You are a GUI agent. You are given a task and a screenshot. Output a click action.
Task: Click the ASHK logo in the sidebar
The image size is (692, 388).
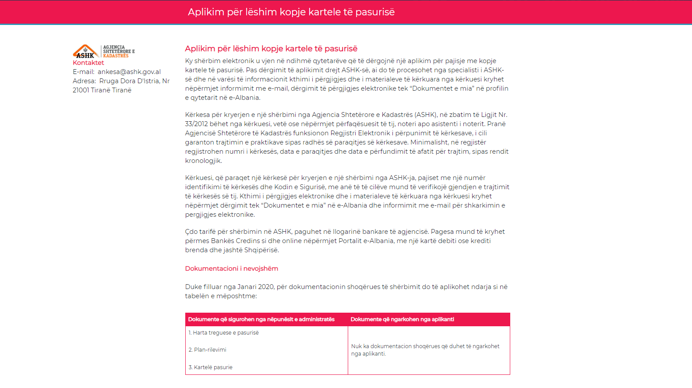103,51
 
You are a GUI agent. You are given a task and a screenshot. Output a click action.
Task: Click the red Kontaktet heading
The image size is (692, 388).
88,63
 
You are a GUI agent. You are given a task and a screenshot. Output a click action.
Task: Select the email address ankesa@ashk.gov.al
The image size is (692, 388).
129,72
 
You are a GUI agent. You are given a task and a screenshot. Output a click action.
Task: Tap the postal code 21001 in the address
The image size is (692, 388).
81,90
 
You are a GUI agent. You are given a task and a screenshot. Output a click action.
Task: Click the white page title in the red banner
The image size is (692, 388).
291,12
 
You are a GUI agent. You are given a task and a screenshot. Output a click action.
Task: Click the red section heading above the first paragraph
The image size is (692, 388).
271,49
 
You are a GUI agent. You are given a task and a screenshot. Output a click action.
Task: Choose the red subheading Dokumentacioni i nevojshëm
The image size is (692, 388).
231,268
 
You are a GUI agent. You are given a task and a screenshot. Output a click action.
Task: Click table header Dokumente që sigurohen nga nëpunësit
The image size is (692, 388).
261,319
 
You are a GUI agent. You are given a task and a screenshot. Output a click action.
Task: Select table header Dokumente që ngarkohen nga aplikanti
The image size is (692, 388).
402,319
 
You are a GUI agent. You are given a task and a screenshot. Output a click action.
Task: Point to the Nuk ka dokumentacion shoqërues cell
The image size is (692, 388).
425,350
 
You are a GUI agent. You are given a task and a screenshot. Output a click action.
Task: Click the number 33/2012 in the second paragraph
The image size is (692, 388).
196,124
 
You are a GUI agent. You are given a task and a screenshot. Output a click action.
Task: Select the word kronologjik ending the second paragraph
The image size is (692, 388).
203,161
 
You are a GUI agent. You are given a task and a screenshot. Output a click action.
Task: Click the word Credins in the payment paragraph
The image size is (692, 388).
248,241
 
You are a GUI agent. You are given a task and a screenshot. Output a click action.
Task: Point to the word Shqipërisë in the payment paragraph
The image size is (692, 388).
261,250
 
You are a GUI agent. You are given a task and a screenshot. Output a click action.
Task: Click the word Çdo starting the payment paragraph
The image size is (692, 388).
191,232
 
